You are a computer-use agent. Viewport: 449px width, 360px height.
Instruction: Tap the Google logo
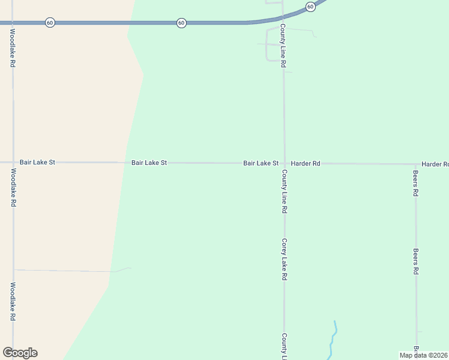(x=20, y=353)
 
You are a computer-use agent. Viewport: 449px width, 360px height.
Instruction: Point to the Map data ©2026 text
(x=424, y=355)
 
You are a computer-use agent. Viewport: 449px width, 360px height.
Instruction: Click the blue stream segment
(x=333, y=340)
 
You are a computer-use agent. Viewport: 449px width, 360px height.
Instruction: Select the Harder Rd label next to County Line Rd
(x=306, y=163)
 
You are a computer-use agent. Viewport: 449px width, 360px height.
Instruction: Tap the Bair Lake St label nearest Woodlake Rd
(x=37, y=162)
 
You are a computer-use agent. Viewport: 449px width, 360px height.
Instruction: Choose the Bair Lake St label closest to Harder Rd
(x=261, y=163)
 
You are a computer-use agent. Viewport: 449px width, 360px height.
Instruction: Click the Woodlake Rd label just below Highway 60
(x=13, y=47)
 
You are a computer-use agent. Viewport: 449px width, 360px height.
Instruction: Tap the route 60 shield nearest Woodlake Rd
(x=50, y=22)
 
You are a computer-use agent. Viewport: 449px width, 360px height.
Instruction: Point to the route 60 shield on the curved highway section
(x=310, y=7)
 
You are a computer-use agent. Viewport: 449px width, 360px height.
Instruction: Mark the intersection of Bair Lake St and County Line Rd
(x=284, y=163)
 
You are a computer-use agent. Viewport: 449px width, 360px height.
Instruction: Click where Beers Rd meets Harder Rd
(x=415, y=164)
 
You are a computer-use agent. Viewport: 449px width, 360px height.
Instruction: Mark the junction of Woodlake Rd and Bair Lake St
(x=13, y=162)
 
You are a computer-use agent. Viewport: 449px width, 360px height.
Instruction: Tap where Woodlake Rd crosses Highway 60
(x=13, y=22)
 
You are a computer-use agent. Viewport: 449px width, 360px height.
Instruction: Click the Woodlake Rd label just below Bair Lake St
(x=13, y=188)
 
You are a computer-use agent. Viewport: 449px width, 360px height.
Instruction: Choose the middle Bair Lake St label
(x=149, y=163)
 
